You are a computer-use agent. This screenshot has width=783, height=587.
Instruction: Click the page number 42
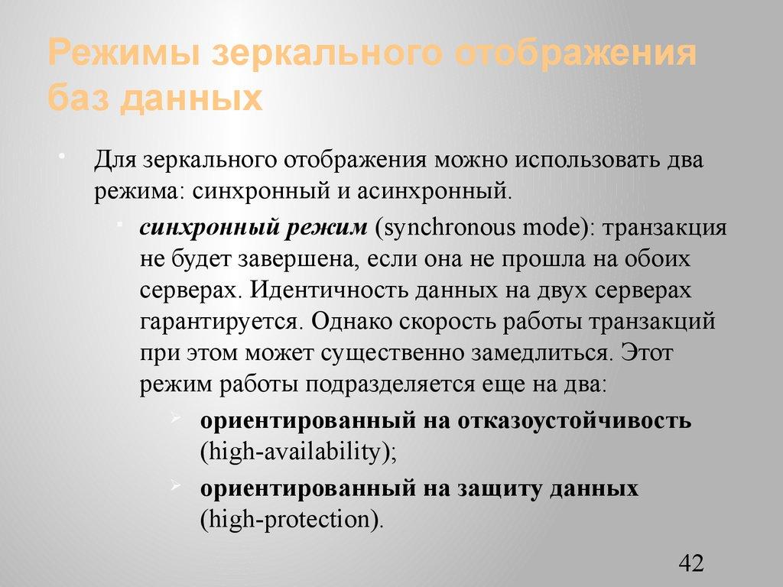tap(690, 564)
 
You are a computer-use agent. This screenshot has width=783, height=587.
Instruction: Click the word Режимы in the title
tap(122, 57)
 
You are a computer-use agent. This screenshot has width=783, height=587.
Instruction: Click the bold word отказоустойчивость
tap(575, 421)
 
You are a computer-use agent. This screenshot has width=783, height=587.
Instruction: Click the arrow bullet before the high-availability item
tap(176, 419)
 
